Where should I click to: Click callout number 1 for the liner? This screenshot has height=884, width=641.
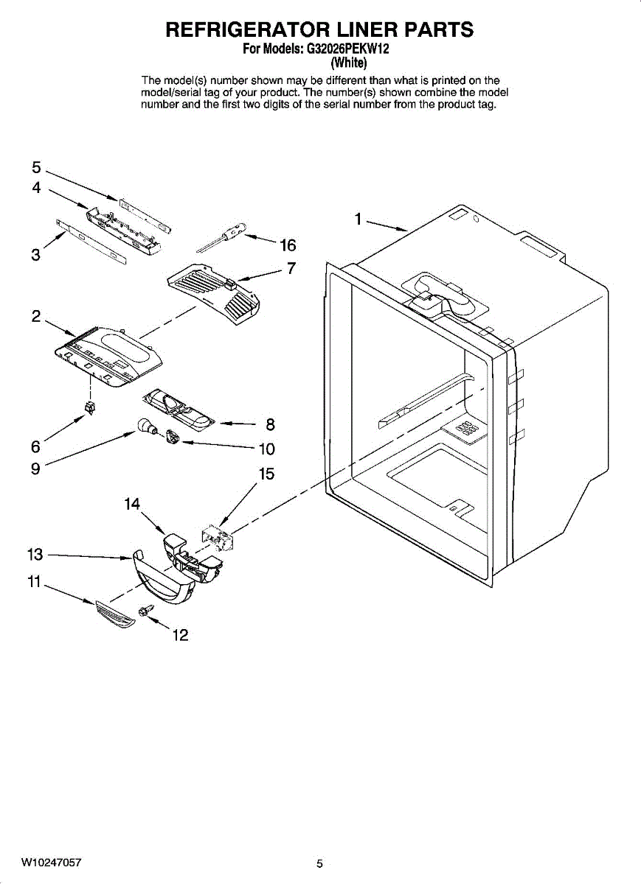point(357,219)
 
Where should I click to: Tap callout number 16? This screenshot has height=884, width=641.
point(288,245)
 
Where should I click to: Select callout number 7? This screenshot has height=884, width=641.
point(291,268)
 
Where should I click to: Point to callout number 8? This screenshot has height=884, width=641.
point(270,424)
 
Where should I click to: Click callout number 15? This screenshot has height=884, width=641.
point(266,474)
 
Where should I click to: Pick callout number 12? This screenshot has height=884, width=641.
point(180,635)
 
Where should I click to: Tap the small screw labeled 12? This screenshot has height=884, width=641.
point(145,610)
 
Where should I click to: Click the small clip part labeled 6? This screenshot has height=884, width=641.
point(91,407)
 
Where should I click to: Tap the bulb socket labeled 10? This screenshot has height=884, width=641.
point(173,437)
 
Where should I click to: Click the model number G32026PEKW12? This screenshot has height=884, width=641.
point(347,50)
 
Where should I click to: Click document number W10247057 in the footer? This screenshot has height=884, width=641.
point(52,862)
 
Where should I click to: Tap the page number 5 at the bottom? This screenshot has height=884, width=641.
point(319,864)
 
